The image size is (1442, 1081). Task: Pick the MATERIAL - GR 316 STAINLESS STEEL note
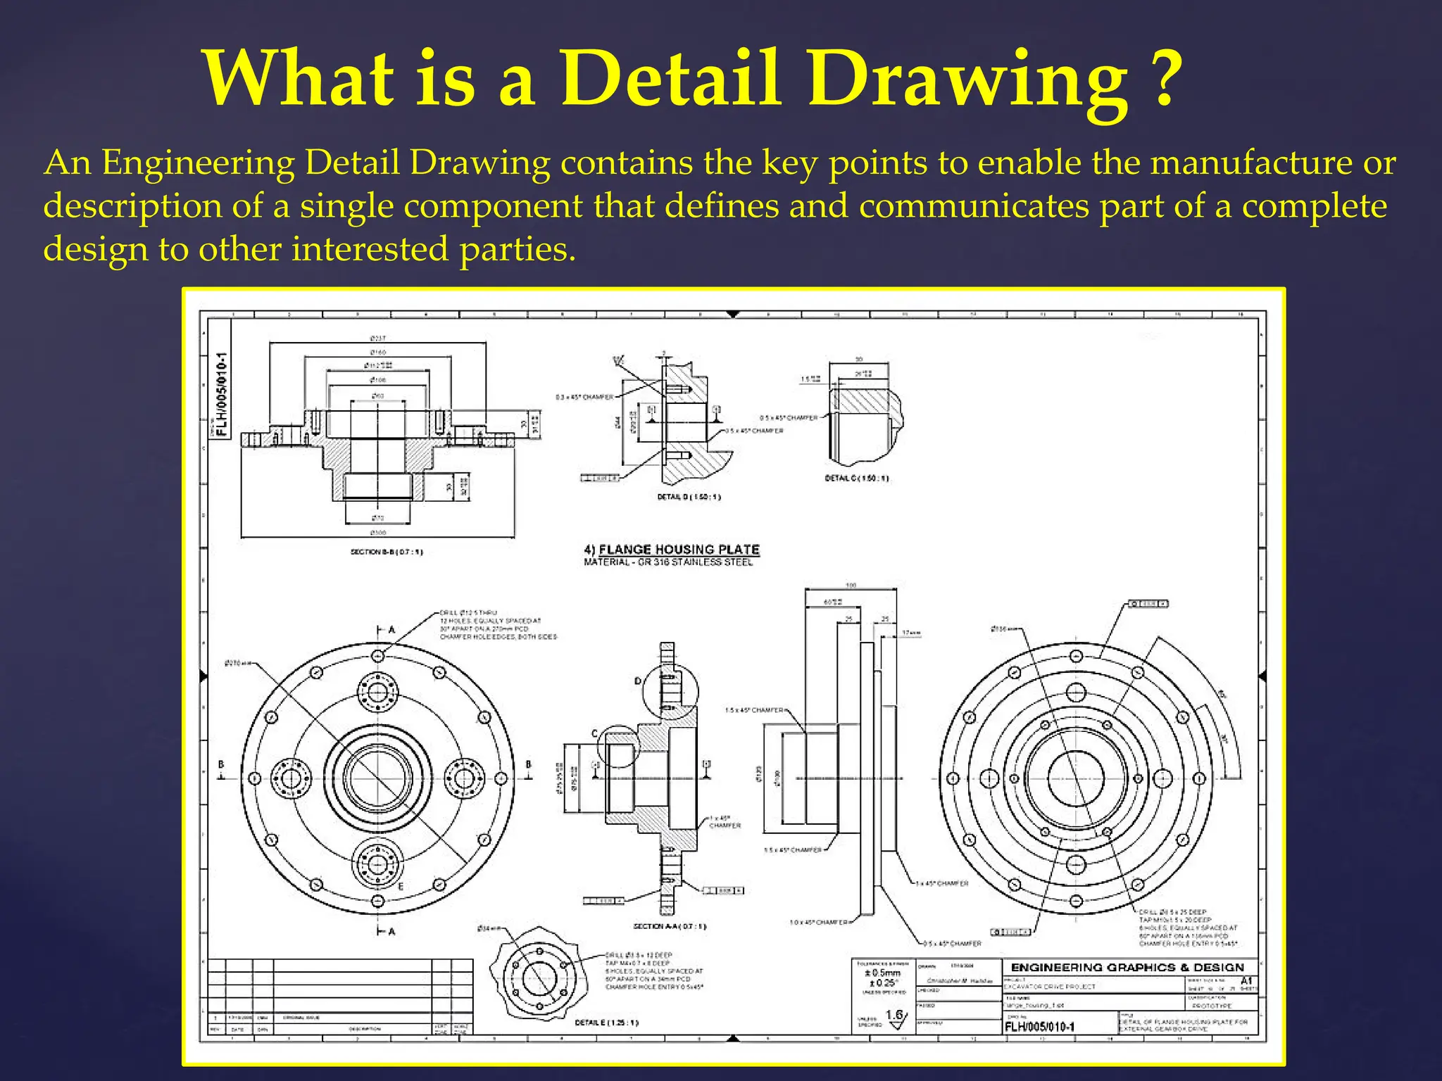point(668,562)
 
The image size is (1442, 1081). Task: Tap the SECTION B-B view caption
point(387,552)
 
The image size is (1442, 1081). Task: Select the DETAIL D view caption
point(689,497)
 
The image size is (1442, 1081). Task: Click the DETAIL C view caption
point(856,479)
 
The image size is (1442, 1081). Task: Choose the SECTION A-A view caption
point(670,926)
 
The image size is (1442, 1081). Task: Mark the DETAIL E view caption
point(606,1023)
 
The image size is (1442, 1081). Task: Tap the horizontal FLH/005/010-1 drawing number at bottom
point(1039,1027)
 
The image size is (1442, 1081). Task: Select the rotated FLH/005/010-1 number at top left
point(222,395)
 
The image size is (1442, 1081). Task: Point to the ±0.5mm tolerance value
point(882,973)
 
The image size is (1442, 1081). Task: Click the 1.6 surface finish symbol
point(894,1016)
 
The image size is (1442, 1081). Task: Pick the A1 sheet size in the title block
point(1246,980)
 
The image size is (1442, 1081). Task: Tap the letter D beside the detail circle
point(638,681)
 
